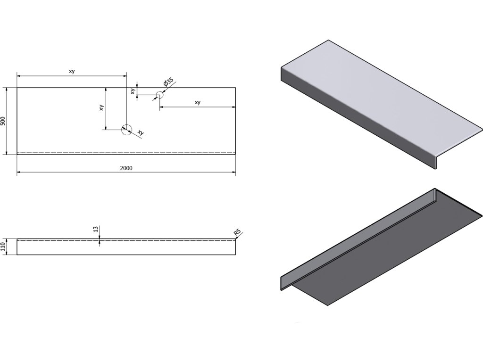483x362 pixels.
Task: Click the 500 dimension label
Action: pyautogui.click(x=3, y=121)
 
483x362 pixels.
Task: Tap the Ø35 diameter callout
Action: pyautogui.click(x=167, y=84)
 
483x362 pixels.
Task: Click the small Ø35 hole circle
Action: pyautogui.click(x=159, y=95)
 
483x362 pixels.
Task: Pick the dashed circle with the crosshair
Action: pyautogui.click(x=126, y=130)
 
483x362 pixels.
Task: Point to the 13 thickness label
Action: pyautogui.click(x=96, y=229)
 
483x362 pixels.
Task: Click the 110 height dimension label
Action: pyautogui.click(x=3, y=247)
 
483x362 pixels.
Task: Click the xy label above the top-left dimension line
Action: pyautogui.click(x=72, y=72)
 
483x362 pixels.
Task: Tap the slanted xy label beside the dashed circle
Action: pyautogui.click(x=140, y=133)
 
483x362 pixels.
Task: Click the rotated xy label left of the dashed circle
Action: pyautogui.click(x=101, y=107)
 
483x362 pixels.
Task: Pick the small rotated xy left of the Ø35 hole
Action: pyautogui.click(x=133, y=91)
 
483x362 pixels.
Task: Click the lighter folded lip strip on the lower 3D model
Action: pyautogui.click(x=358, y=236)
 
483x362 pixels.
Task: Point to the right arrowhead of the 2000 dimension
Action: pyautogui.click(x=233, y=173)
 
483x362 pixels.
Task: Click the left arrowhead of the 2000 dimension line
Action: pyautogui.click(x=19, y=173)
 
